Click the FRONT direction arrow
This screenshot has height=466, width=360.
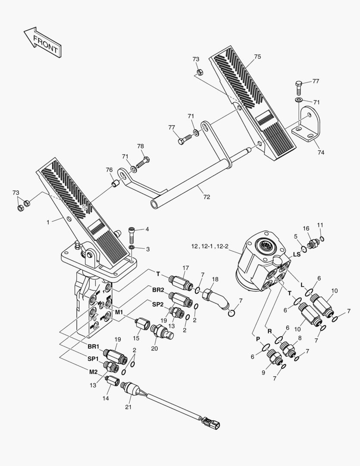[x=42, y=42]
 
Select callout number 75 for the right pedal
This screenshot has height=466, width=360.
[x=257, y=57]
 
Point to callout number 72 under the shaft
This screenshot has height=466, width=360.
[x=207, y=197]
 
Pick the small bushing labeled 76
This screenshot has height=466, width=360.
[x=116, y=185]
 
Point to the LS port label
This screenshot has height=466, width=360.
[x=296, y=255]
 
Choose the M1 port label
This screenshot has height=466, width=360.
[x=119, y=312]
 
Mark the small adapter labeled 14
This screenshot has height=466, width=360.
[x=114, y=381]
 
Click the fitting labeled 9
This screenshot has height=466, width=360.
[x=273, y=357]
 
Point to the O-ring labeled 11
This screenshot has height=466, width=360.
[x=322, y=239]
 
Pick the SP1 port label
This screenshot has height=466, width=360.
[x=94, y=359]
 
